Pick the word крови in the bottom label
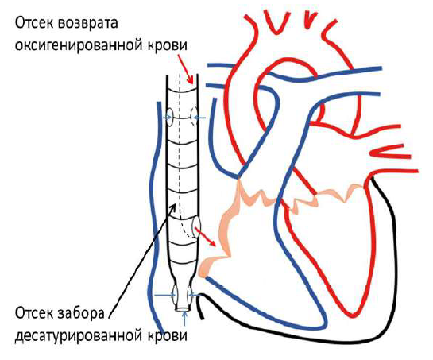point(168,335)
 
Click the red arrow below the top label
point(186,69)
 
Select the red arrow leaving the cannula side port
point(205,237)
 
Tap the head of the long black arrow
point(174,207)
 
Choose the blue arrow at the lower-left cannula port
point(164,296)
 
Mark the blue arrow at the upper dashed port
point(199,118)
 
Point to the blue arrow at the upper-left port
point(167,118)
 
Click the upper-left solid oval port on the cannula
point(170,118)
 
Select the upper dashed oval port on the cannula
point(194,117)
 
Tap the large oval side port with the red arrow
point(196,227)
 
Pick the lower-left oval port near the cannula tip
point(175,296)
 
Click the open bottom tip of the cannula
point(184,309)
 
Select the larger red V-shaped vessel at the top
point(277,22)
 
